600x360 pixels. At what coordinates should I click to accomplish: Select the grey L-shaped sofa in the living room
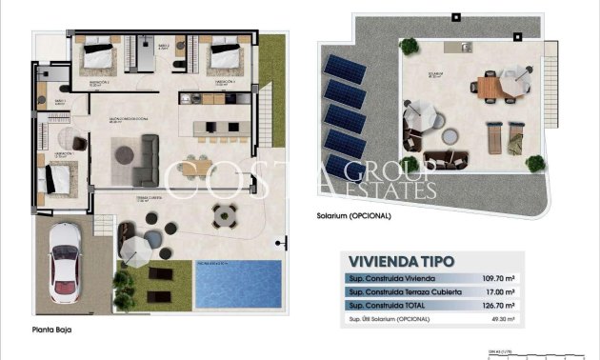(143, 160)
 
